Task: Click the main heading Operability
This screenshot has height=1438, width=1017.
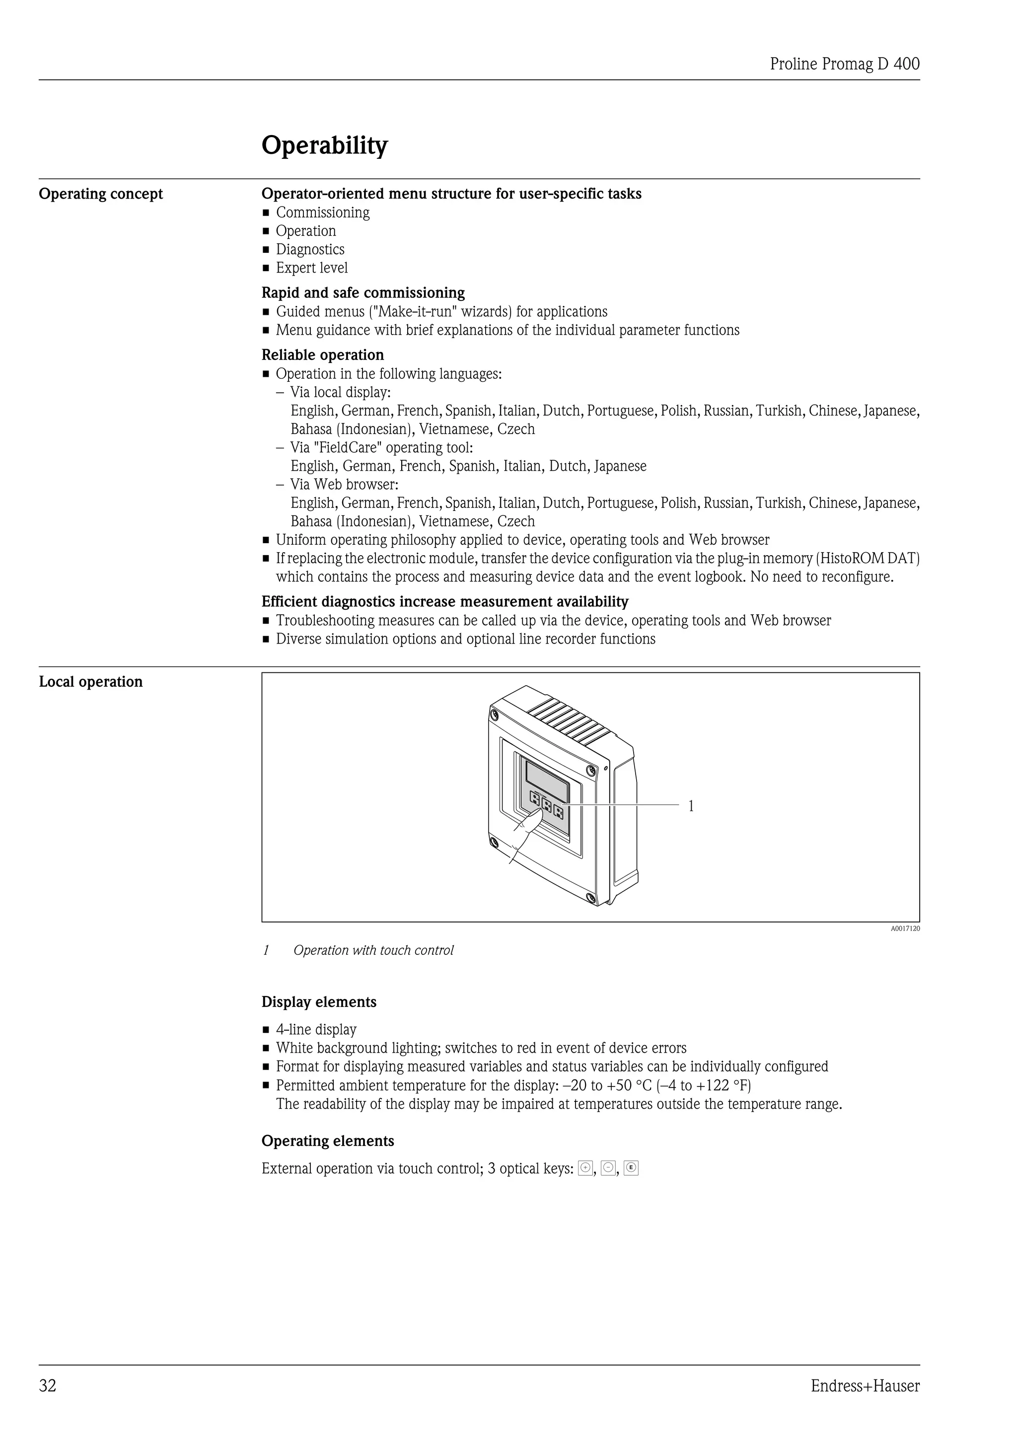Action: (x=324, y=145)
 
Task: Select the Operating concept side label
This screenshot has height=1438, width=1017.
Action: (x=101, y=194)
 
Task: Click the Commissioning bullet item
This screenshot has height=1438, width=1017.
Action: (x=322, y=213)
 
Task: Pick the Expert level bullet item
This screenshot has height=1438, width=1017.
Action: (x=312, y=268)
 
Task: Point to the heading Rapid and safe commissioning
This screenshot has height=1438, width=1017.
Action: (x=363, y=292)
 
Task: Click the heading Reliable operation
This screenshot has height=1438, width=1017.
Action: (x=322, y=355)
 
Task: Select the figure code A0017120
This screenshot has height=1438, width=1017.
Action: (x=905, y=929)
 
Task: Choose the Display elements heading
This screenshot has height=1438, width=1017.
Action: (x=319, y=1002)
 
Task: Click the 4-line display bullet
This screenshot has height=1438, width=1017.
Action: (x=316, y=1030)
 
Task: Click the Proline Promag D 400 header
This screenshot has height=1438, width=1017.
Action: (x=844, y=64)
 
